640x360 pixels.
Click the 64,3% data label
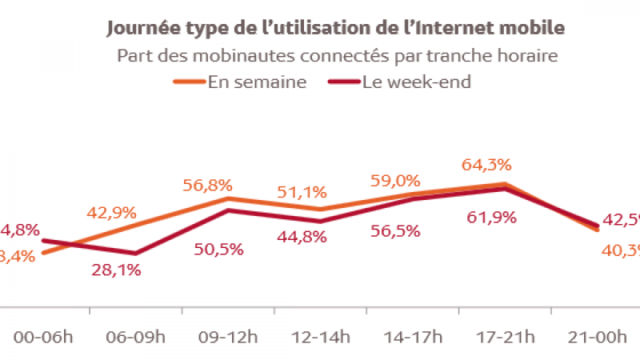(x=486, y=166)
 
